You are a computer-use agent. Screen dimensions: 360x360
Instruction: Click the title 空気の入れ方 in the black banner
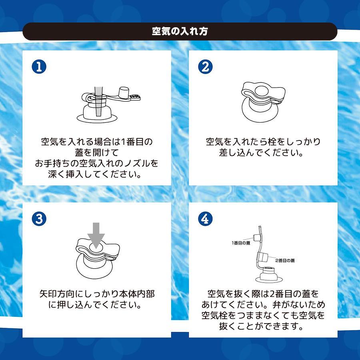[180, 31]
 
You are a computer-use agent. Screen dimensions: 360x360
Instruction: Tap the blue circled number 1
[39, 66]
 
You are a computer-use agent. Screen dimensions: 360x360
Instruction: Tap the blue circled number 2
[205, 66]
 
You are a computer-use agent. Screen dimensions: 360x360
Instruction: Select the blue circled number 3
[39, 218]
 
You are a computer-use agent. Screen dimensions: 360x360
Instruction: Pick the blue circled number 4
[205, 218]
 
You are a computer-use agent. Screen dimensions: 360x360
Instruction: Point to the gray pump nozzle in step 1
[99, 101]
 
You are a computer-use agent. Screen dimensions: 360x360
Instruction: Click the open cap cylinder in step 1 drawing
[124, 92]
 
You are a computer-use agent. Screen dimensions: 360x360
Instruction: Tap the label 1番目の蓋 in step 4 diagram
[241, 243]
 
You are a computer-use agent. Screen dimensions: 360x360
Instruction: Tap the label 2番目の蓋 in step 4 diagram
[285, 260]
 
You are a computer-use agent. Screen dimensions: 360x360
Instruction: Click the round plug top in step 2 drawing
[261, 90]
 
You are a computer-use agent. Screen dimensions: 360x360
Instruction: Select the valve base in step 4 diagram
[269, 275]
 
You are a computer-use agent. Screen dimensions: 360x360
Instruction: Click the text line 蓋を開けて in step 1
[97, 152]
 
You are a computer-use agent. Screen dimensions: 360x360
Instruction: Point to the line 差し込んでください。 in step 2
[261, 152]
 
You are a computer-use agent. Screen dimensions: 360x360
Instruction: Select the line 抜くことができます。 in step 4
[261, 326]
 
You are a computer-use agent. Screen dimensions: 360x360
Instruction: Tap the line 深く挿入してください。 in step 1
[94, 174]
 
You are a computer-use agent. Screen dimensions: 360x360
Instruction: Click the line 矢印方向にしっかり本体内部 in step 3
[97, 294]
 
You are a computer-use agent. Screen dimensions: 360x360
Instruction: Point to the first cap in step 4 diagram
[256, 238]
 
